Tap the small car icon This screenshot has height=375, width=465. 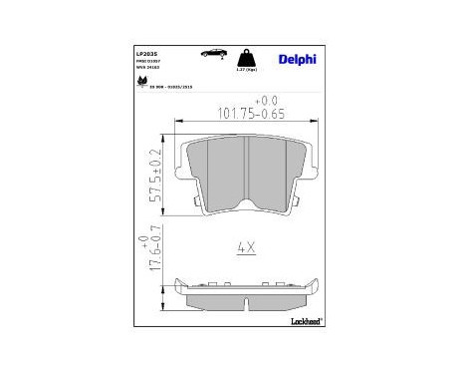[212, 53]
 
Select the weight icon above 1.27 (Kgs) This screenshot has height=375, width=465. [242, 55]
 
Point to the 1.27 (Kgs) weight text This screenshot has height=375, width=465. [242, 69]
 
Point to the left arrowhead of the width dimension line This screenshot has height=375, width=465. [177, 122]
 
